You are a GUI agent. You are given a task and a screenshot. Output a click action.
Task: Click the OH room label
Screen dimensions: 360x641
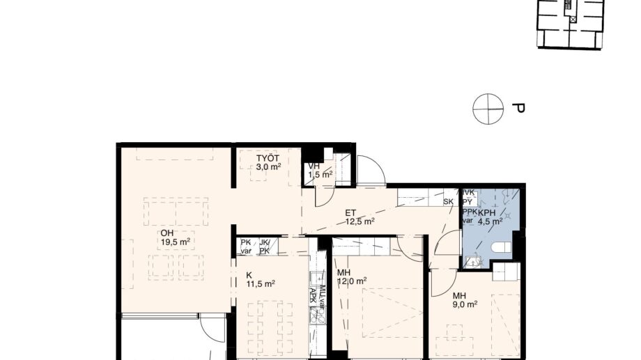tap(167, 233)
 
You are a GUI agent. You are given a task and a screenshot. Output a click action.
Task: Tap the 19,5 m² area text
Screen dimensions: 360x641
tap(176, 242)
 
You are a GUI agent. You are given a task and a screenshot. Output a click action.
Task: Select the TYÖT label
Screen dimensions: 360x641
tap(268, 158)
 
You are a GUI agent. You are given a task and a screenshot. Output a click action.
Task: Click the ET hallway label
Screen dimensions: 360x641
tap(350, 214)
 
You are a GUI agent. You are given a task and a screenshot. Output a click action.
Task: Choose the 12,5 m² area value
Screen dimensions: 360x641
tap(360, 222)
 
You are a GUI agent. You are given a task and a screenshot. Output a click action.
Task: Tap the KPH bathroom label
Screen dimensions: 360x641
tap(488, 214)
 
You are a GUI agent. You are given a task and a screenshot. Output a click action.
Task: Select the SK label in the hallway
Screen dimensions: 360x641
tap(448, 202)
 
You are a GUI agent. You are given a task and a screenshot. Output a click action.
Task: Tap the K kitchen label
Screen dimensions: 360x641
tap(249, 274)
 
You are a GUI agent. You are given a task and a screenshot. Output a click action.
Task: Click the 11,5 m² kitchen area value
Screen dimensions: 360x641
tap(260, 283)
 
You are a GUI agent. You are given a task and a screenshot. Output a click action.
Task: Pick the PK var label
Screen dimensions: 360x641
tap(245, 246)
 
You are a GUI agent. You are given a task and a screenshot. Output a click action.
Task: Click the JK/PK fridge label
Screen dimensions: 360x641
tap(264, 246)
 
